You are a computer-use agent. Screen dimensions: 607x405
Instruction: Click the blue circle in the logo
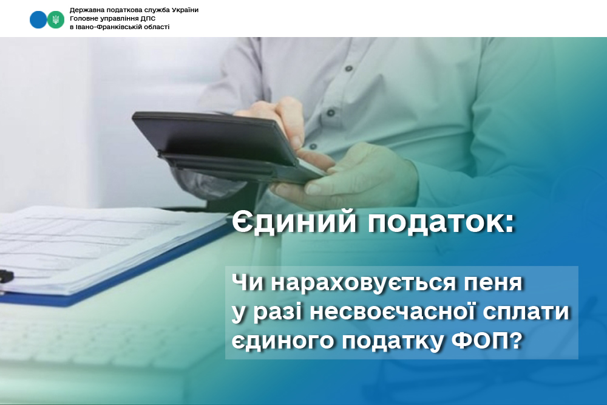[38, 19]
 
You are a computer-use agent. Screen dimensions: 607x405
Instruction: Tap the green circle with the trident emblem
[56, 19]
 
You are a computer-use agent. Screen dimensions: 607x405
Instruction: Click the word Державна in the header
[83, 10]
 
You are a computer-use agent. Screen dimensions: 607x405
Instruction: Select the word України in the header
[185, 10]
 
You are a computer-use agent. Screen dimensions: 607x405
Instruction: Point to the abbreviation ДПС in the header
[149, 19]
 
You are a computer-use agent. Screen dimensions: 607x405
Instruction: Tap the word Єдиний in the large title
[294, 223]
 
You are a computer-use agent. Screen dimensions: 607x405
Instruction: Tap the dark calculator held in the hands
[228, 145]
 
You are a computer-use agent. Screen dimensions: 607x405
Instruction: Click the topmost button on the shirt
[349, 69]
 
